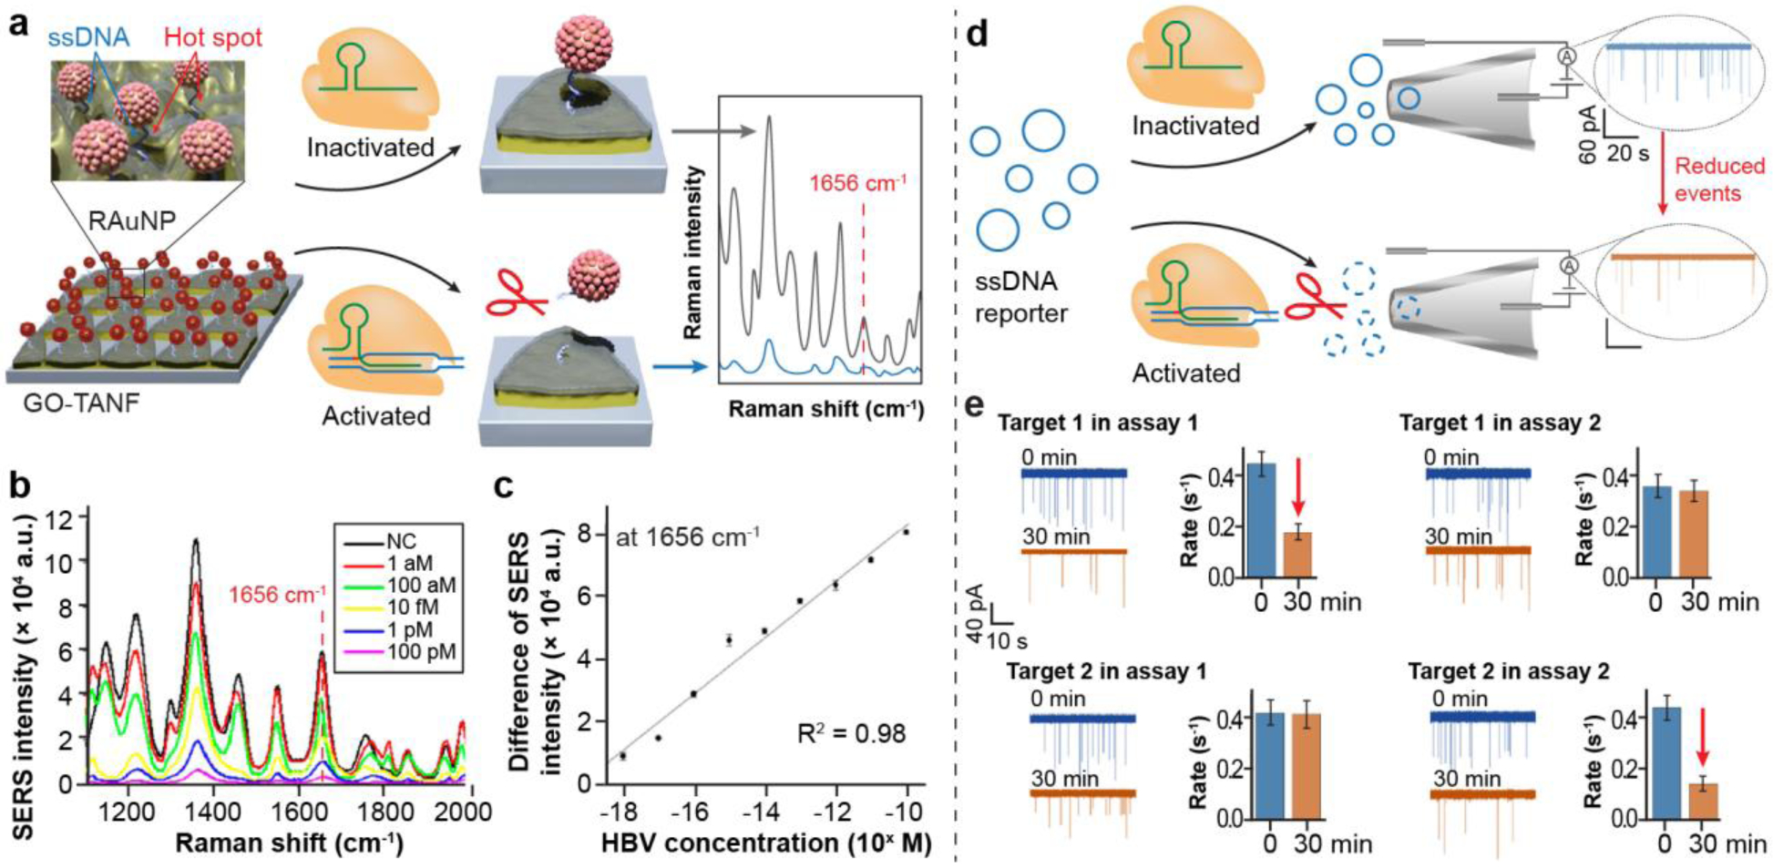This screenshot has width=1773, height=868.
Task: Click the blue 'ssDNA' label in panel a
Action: coord(88,36)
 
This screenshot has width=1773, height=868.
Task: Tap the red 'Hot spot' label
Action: coord(212,37)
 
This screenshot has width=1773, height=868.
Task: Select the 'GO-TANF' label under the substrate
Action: coord(82,402)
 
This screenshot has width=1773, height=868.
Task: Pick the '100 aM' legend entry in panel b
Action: coord(421,586)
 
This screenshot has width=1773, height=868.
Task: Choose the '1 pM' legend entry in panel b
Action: coord(409,629)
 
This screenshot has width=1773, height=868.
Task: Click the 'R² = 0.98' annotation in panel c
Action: coord(851,732)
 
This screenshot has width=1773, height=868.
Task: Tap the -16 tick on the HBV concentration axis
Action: coord(694,812)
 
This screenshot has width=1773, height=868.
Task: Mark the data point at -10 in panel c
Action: coord(906,532)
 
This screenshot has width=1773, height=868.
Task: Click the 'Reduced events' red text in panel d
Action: coord(1719,179)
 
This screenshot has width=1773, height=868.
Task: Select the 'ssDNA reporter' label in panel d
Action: coord(1020,297)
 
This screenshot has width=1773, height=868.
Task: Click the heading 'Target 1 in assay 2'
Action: coord(1500,424)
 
